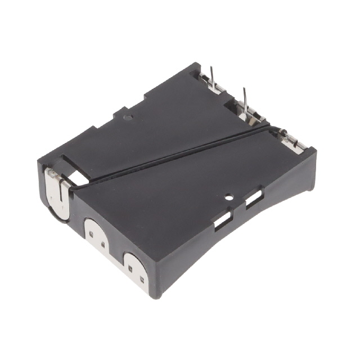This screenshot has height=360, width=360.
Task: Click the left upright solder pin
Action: pos(213,79)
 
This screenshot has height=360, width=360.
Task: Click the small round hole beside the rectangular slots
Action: pos(229,197)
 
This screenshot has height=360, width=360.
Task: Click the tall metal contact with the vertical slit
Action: pos(57,192)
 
